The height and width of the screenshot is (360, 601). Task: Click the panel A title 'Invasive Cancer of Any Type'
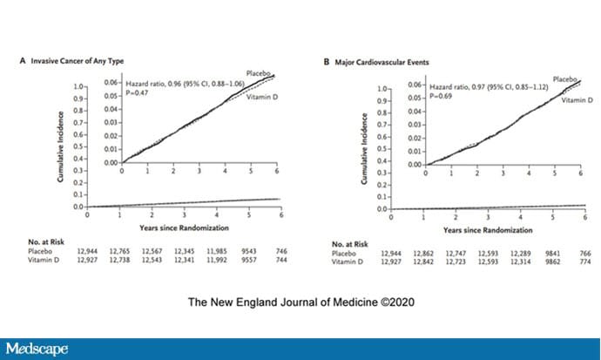77,63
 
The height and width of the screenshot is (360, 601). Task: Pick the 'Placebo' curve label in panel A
260,72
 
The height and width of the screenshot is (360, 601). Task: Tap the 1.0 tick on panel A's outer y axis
80,87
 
